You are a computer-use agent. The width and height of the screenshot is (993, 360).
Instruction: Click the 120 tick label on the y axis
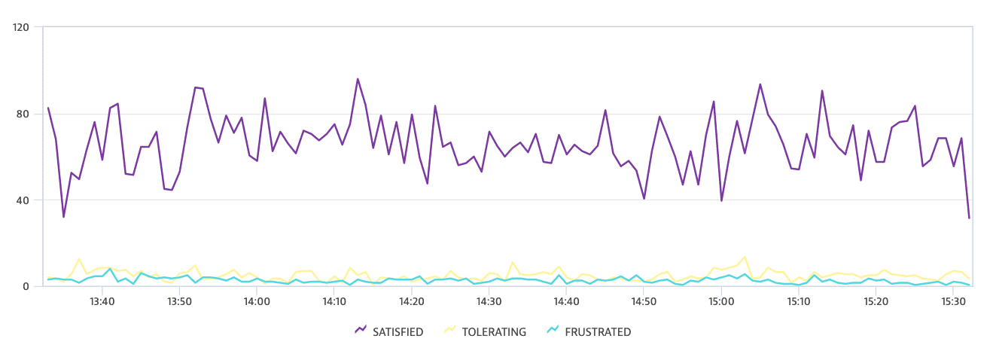[21, 27]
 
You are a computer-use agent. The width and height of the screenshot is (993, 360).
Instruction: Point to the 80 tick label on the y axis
[23, 114]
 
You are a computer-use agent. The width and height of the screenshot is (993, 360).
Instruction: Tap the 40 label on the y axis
[23, 200]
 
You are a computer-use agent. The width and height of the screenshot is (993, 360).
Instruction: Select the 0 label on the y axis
[26, 287]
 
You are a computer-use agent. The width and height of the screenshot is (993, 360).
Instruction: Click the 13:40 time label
[102, 301]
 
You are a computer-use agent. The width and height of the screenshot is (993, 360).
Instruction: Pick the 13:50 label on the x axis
[179, 301]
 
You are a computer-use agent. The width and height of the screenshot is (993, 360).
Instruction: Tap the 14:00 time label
[257, 301]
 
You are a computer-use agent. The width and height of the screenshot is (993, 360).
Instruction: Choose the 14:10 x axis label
[334, 301]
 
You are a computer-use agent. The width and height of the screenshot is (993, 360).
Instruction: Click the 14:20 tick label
[412, 301]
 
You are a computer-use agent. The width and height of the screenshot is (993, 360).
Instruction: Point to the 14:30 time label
[489, 301]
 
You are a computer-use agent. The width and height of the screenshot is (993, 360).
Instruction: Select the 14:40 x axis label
[566, 301]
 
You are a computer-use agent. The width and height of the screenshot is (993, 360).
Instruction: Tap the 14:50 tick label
[644, 301]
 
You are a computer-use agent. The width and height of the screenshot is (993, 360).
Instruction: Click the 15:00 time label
[721, 301]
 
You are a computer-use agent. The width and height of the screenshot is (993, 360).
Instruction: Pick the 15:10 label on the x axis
[799, 301]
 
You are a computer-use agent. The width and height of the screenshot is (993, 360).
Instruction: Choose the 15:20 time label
[876, 301]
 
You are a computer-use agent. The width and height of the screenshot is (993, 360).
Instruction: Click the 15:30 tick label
[953, 301]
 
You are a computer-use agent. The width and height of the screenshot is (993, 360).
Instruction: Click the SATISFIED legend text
[398, 332]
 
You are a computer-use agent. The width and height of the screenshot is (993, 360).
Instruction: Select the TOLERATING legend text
[494, 332]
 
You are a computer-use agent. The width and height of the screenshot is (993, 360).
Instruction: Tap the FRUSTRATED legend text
[598, 332]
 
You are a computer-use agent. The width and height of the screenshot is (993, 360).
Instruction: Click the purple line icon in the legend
[361, 330]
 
